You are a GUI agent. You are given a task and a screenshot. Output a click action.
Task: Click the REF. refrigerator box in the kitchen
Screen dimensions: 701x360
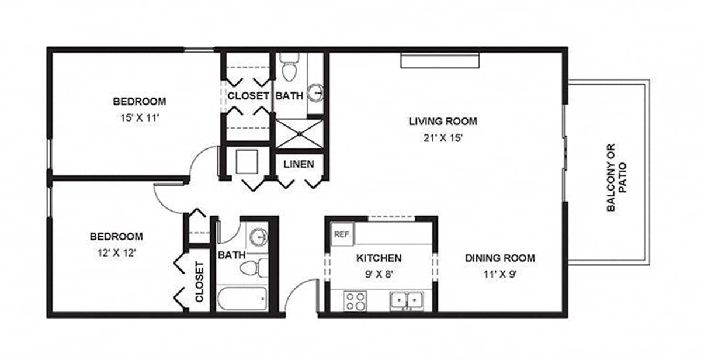coord(343,234)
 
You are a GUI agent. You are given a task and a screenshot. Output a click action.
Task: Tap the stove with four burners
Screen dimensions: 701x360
coord(355,301)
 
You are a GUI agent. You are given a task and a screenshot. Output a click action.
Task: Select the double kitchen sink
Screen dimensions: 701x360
coord(407,302)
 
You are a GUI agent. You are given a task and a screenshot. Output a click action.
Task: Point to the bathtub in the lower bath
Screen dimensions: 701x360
coord(242,298)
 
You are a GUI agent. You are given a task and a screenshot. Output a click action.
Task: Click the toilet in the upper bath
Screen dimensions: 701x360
coord(289,67)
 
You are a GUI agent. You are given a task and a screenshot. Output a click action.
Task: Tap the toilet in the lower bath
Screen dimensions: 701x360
coord(254,268)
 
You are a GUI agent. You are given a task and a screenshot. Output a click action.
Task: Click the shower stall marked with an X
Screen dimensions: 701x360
coord(300,134)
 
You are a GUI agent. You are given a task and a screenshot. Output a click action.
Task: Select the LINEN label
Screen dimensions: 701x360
coord(299,164)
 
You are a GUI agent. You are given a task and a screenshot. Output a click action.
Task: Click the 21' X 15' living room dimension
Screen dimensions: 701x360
coord(443,138)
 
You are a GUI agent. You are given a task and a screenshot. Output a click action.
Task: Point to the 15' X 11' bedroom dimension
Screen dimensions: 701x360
coord(140,117)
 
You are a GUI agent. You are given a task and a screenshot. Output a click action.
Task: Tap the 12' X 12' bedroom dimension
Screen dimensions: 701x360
coord(116,252)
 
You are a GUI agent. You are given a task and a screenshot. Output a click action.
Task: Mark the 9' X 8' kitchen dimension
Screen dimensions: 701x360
coord(379,274)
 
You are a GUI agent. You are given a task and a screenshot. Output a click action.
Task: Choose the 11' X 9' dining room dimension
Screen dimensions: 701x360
coord(500,274)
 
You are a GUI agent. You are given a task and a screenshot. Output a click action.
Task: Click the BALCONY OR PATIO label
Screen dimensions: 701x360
coord(616,178)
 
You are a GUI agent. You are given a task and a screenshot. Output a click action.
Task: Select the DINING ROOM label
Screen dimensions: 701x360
coord(500,258)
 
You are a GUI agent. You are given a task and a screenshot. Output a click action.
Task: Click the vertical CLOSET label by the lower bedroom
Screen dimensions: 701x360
coord(199,282)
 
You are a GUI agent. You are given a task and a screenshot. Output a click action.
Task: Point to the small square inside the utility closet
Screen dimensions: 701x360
coord(247,161)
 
